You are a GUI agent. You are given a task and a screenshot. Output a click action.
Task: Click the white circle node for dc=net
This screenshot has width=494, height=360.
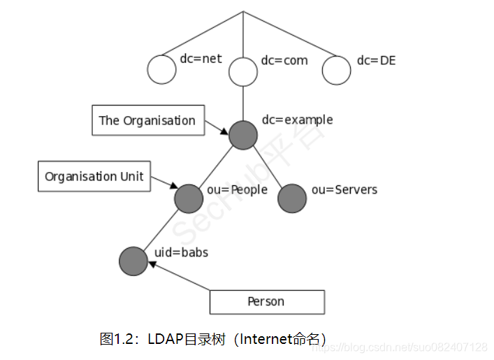[162, 70]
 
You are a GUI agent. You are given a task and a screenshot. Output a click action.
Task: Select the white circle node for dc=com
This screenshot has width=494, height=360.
[243, 71]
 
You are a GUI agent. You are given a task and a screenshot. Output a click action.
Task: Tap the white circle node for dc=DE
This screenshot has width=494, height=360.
[336, 70]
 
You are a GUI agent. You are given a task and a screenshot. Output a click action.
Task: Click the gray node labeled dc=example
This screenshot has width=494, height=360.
[243, 134]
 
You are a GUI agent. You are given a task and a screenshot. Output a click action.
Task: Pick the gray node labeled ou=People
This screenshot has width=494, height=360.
[189, 199]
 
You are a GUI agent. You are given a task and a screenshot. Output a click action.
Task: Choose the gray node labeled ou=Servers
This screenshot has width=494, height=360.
[292, 199]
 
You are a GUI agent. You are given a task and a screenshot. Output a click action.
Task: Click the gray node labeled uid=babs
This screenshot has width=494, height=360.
[133, 261]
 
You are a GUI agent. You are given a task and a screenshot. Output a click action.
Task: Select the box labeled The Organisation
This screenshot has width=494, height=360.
[147, 120]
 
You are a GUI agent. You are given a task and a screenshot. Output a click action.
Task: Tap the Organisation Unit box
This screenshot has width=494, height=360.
[94, 176]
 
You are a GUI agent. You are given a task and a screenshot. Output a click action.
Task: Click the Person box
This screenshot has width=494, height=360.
[267, 302]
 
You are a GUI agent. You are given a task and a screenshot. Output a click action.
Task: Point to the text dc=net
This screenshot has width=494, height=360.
[201, 59]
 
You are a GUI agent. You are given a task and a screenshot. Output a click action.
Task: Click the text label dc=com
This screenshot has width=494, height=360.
[284, 60]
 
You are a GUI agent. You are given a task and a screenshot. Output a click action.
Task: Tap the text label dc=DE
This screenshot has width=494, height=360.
[376, 60]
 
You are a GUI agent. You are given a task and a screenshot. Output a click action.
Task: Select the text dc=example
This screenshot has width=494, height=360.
[297, 120]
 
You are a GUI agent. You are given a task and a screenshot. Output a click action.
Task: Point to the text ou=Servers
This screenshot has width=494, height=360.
[344, 189]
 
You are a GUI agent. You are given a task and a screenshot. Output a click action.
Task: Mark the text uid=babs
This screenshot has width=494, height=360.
[181, 252]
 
